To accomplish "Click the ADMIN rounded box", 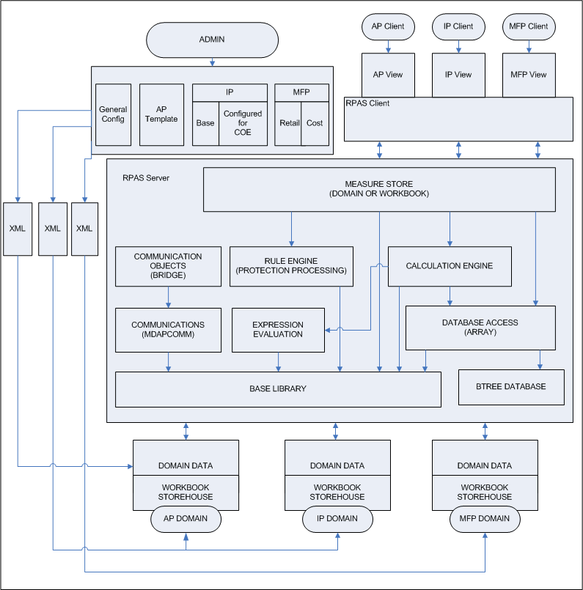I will [x=213, y=39].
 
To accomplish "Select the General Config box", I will [x=113, y=114].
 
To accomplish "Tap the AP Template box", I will [x=161, y=114].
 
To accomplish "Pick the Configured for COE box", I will [x=243, y=123].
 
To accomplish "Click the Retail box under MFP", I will [x=289, y=123].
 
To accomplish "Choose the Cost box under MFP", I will [x=315, y=123].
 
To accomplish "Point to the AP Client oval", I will [x=388, y=26].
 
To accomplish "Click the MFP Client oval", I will [x=528, y=26].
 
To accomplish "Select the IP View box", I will [x=458, y=74].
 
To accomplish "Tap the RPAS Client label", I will [x=367, y=104].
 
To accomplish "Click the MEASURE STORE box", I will [x=378, y=188].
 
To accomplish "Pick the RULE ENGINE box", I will [x=291, y=266].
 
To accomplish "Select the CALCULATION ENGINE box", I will [x=449, y=266].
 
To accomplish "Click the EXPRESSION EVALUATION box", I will [x=277, y=330].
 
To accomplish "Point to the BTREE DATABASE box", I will [x=511, y=386].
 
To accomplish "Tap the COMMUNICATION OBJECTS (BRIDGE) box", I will [x=168, y=266].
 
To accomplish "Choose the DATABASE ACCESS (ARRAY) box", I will [x=480, y=328].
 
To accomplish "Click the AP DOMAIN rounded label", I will [x=186, y=519].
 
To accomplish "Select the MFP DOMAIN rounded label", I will [x=485, y=519].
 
